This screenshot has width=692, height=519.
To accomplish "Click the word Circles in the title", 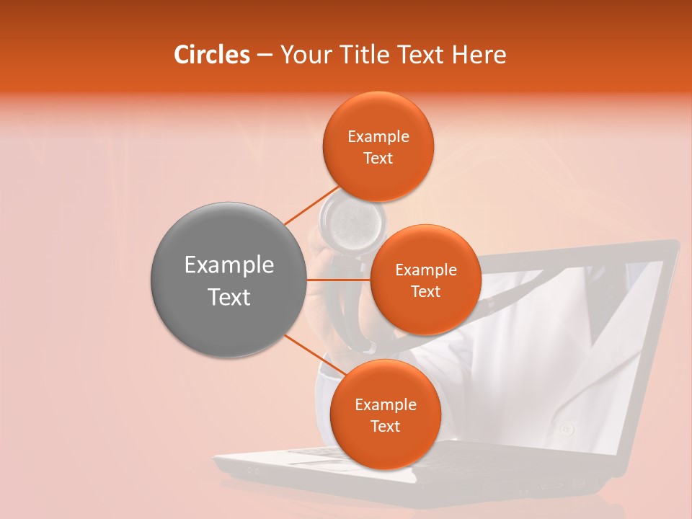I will click(x=211, y=55).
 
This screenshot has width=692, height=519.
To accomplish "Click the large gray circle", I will click(x=228, y=280).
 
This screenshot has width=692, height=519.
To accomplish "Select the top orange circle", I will click(x=378, y=147).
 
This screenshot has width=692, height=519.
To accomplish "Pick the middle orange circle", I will click(x=425, y=280).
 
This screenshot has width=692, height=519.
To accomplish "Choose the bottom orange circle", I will click(x=385, y=414).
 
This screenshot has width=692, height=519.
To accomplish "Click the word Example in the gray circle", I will click(x=229, y=266).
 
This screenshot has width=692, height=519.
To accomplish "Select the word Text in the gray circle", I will click(x=229, y=297).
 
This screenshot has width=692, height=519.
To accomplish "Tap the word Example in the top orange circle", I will click(x=378, y=137).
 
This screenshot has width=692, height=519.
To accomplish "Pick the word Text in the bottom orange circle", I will click(x=385, y=426).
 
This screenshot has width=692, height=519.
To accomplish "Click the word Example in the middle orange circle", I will click(x=425, y=270).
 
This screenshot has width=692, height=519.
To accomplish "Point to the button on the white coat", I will click(x=566, y=430).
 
